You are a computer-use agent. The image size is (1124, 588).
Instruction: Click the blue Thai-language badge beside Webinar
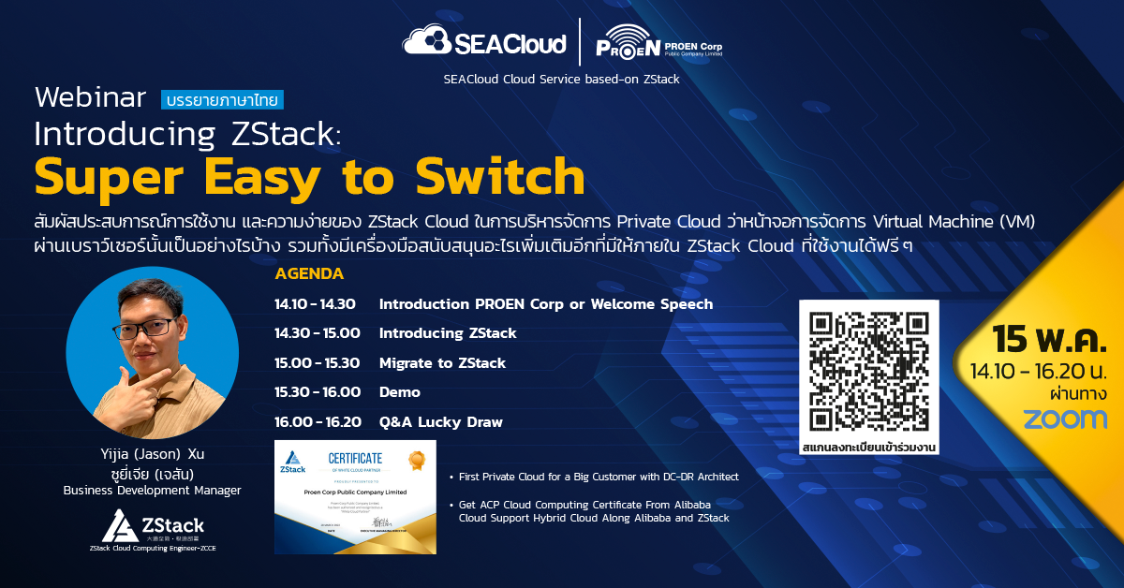click(222, 99)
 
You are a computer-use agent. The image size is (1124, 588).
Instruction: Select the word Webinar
click(90, 98)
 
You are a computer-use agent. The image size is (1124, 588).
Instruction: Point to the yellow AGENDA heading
click(309, 274)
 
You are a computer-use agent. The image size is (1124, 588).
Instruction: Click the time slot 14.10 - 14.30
click(315, 304)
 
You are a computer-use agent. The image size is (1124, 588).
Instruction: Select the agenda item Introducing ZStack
click(448, 333)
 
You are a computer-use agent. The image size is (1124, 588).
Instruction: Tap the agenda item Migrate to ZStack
click(442, 363)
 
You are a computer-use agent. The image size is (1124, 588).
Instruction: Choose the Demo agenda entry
click(400, 392)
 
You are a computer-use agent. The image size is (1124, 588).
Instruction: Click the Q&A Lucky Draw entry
click(440, 422)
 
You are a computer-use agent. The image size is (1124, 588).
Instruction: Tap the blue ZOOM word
click(1064, 419)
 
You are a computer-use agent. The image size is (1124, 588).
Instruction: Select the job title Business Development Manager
click(152, 490)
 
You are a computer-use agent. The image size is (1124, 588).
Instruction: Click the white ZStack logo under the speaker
click(153, 527)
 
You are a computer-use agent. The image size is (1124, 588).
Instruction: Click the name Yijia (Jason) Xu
click(152, 454)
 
